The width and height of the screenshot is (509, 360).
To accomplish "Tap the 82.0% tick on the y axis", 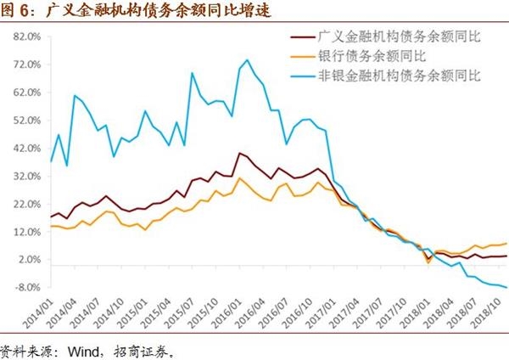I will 25,37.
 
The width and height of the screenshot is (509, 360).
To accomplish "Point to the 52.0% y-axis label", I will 25,121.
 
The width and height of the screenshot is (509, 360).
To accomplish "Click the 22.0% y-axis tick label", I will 25,204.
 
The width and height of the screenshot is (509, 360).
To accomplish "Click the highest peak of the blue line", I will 247,59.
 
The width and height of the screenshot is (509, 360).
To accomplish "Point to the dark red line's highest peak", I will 240,153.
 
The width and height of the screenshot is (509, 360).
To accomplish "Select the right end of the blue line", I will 507,287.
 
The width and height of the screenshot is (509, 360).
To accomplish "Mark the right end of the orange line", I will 507,244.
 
